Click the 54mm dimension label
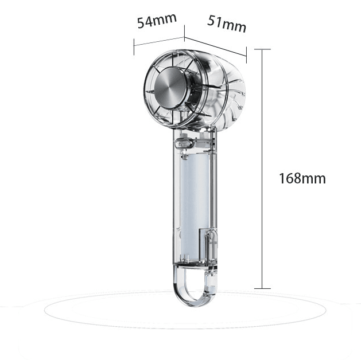tap(156, 21)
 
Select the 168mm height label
tap(302, 178)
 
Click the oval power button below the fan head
tap(184, 144)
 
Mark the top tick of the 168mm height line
tap(262, 50)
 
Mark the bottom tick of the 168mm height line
tap(262, 288)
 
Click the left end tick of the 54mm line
tap(134, 45)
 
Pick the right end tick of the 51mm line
tap(246, 56)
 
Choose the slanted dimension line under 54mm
tap(159, 42)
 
